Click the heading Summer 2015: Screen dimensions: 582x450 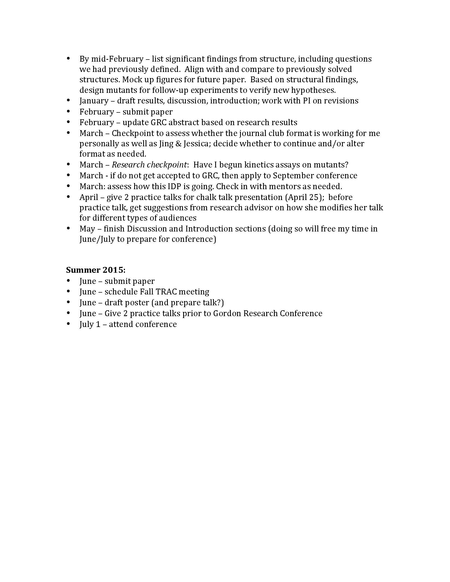96,270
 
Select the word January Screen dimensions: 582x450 94,101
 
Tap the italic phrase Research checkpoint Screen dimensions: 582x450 149,165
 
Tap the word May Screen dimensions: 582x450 87,229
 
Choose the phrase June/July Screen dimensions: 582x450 97,239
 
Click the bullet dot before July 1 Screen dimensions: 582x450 69,324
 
